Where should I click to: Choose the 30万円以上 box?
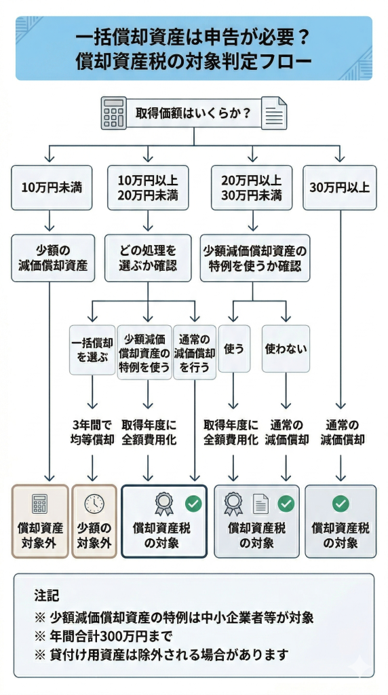click(x=339, y=187)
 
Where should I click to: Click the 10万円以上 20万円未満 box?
click(x=148, y=187)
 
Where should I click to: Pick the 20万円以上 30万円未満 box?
click(x=252, y=187)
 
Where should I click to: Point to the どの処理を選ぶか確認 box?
click(x=148, y=257)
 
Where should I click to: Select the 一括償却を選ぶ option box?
click(x=92, y=350)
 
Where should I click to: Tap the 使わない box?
click(x=286, y=348)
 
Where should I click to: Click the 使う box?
click(x=234, y=348)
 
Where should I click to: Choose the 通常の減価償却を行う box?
click(x=195, y=350)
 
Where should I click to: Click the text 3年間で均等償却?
click(x=94, y=432)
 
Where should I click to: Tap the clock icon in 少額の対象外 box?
click(x=94, y=504)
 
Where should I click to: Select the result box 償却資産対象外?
click(x=40, y=521)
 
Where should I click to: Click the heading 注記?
click(x=47, y=596)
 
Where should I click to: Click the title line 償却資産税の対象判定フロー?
click(x=194, y=60)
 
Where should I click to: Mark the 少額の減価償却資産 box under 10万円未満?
click(x=53, y=257)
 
